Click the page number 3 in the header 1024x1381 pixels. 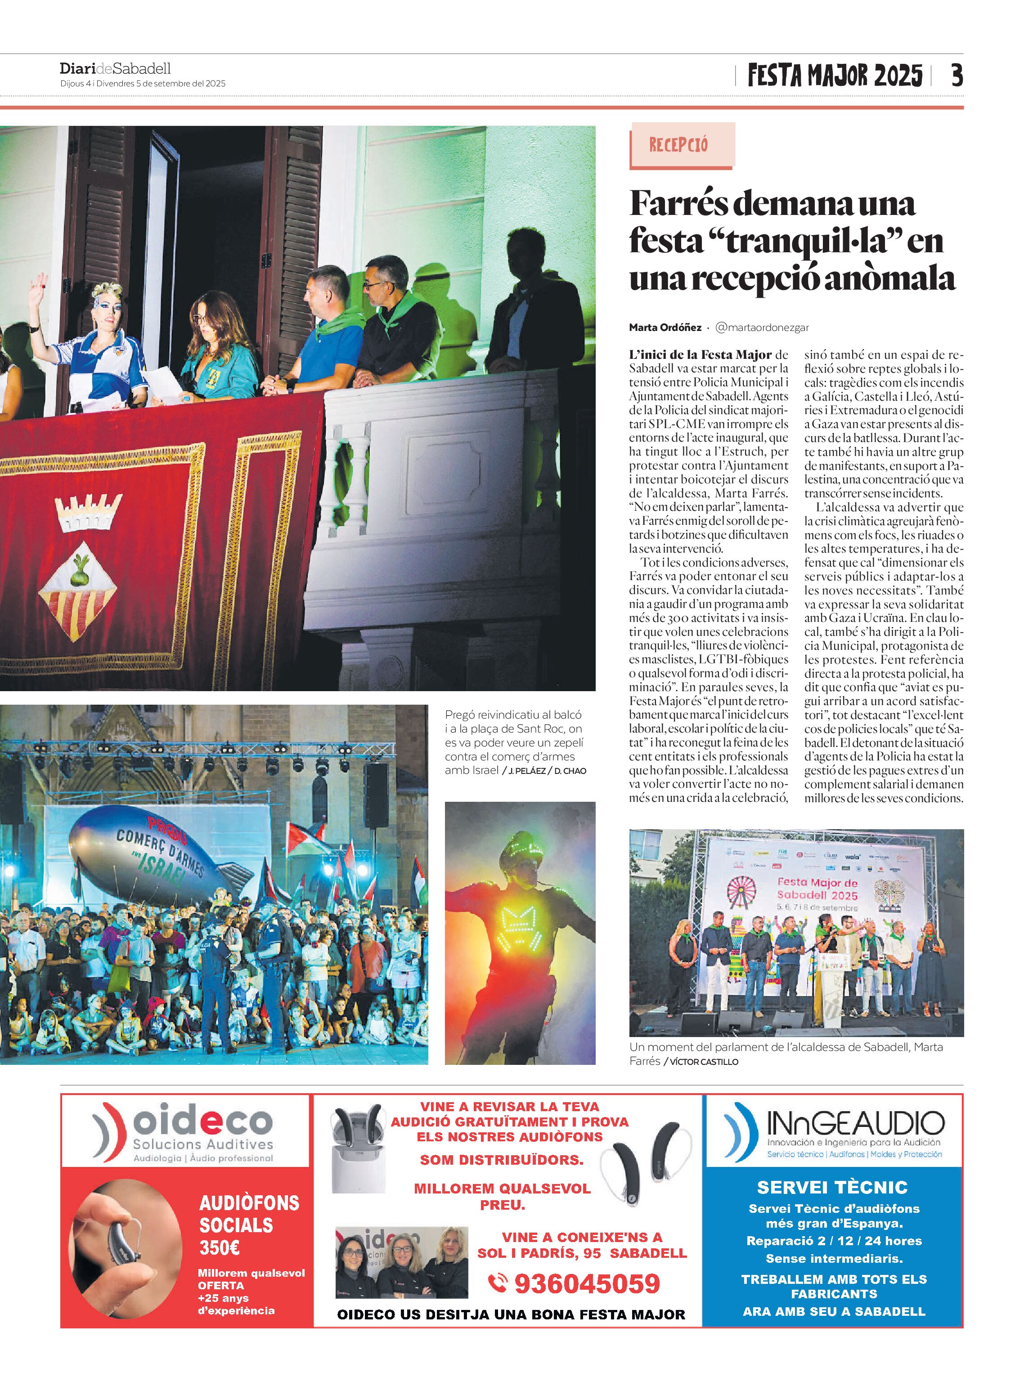(x=957, y=76)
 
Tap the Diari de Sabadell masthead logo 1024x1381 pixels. (x=115, y=68)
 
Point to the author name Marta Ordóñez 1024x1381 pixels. (x=665, y=328)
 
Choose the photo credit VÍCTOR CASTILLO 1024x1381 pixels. (x=704, y=1062)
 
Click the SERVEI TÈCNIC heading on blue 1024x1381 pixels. (x=832, y=1187)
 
